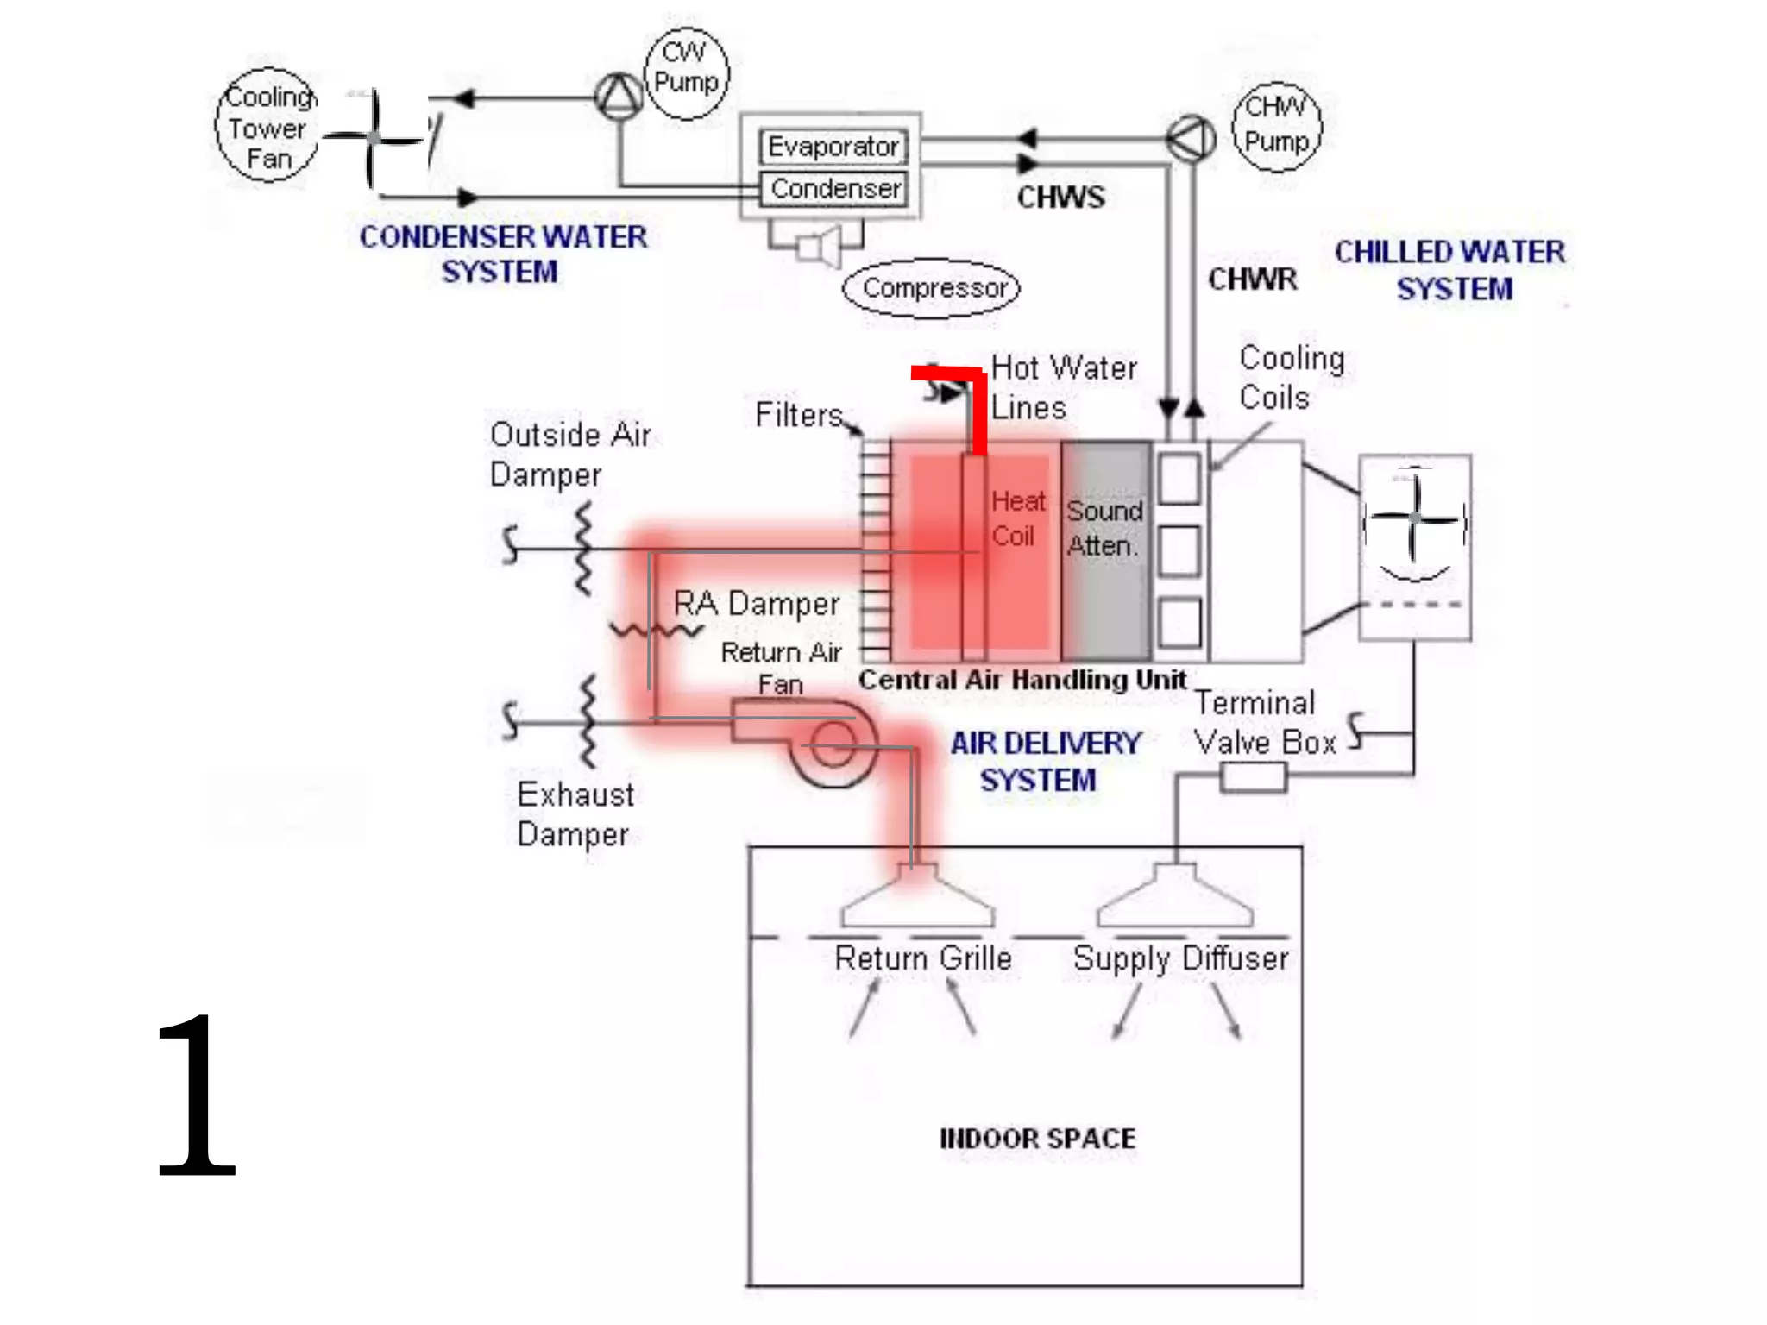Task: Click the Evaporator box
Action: pyautogui.click(x=833, y=146)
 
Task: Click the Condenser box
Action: pyautogui.click(x=834, y=188)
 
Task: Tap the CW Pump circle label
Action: pyautogui.click(x=687, y=68)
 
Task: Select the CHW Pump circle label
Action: pyautogui.click(x=1277, y=124)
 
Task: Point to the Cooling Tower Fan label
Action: pyautogui.click(x=267, y=127)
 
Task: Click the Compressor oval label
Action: pyautogui.click(x=933, y=288)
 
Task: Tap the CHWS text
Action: pyautogui.click(x=1060, y=198)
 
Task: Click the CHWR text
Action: pyautogui.click(x=1252, y=279)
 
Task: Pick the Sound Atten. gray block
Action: pyautogui.click(x=1106, y=549)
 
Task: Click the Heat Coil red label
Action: pyautogui.click(x=1017, y=518)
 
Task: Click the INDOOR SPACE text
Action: pyautogui.click(x=1037, y=1139)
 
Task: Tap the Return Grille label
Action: pyautogui.click(x=922, y=958)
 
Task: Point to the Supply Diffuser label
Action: pyautogui.click(x=1179, y=958)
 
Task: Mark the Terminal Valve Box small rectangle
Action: pyautogui.click(x=1253, y=777)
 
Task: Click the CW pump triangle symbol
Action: pyautogui.click(x=619, y=97)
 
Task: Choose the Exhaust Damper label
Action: pyautogui.click(x=575, y=814)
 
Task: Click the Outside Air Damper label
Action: pyautogui.click(x=569, y=454)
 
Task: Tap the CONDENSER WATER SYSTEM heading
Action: pyautogui.click(x=502, y=254)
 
